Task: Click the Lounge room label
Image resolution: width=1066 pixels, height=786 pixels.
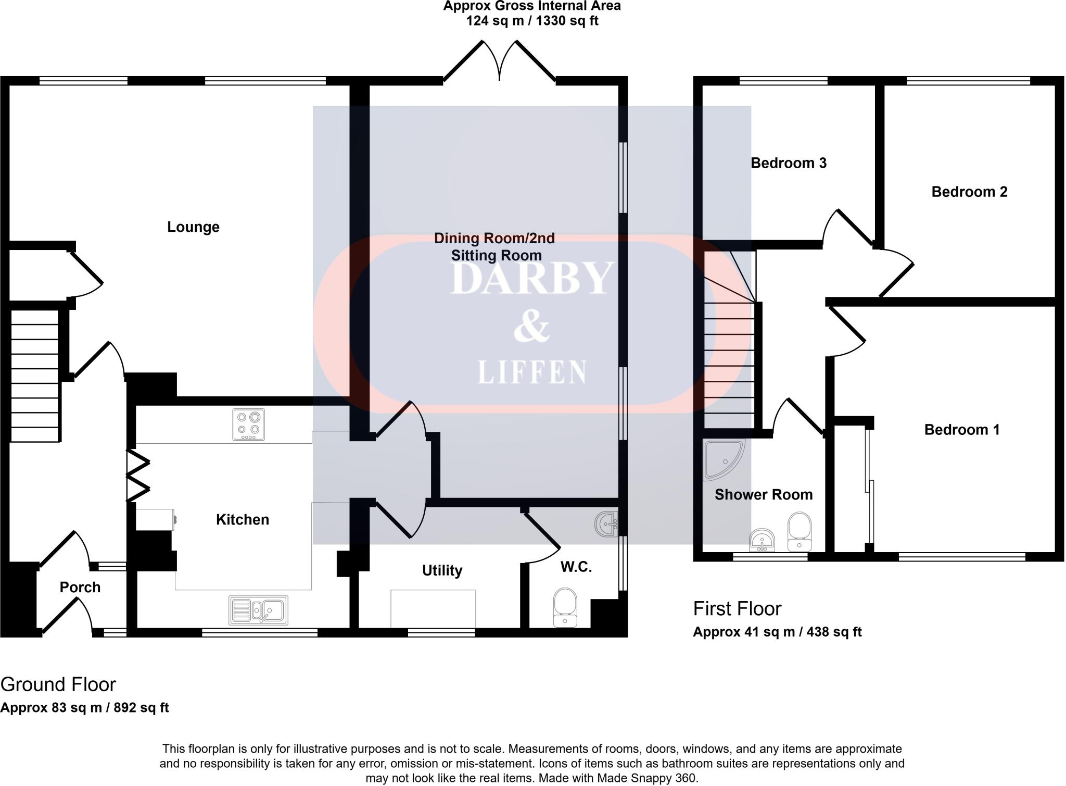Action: tap(193, 227)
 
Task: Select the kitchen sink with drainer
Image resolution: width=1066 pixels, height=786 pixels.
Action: tap(258, 610)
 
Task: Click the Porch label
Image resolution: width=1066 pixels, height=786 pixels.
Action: tap(80, 587)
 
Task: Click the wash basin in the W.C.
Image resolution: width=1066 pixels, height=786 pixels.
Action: tap(606, 524)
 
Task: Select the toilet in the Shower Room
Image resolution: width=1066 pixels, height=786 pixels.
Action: tap(799, 531)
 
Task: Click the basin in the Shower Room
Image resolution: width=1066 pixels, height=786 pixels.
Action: tap(762, 540)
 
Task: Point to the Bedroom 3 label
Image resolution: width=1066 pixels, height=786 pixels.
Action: tap(788, 163)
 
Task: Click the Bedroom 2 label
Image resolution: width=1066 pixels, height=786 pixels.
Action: tap(969, 192)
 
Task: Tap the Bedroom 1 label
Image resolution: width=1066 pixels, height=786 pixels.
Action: tap(961, 430)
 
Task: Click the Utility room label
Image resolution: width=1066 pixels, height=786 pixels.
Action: tap(442, 570)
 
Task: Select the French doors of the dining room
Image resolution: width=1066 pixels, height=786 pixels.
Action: tap(500, 63)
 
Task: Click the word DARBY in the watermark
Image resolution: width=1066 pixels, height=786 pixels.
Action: tap(531, 279)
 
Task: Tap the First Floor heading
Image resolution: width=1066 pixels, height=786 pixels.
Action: tap(737, 608)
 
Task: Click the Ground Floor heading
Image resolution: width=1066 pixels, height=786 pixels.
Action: tap(58, 684)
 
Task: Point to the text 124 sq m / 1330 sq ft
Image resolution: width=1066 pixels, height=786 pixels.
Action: tap(532, 21)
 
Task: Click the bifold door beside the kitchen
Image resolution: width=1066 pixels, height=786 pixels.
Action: tap(137, 475)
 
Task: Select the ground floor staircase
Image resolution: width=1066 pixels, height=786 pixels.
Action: tap(34, 376)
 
